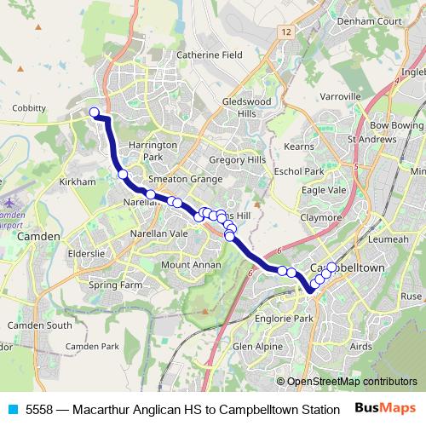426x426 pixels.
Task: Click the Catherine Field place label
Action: (209, 55)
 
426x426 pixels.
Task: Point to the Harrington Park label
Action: (153, 151)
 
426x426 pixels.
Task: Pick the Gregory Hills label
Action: (238, 159)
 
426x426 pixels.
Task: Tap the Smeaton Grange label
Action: (185, 179)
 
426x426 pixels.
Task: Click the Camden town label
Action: (40, 236)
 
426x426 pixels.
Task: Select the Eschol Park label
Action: (298, 170)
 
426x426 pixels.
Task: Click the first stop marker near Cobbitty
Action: (95, 112)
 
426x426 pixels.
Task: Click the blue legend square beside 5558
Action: (12, 408)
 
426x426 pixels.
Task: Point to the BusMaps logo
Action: (386, 408)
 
